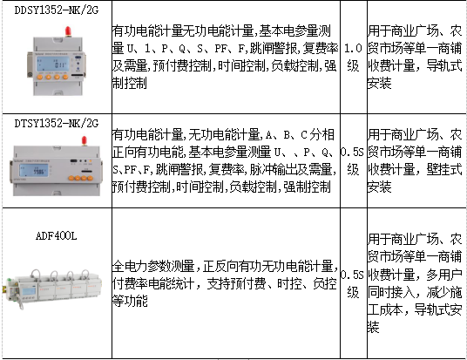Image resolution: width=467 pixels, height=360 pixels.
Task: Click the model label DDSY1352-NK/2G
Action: pos(57,10)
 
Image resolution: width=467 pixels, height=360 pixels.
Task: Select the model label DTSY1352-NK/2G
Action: pos(57,123)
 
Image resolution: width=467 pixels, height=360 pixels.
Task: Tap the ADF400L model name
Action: pos(57,236)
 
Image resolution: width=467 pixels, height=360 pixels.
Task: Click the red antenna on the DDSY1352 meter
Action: pos(68,31)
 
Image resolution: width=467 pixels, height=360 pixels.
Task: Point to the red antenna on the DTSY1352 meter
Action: pos(85,141)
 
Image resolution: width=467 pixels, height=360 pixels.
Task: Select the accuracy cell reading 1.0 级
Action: pos(353,57)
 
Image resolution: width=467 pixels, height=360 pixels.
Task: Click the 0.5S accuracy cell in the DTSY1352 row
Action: pos(353,161)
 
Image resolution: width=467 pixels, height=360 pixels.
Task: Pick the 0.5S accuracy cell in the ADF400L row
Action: pos(353,283)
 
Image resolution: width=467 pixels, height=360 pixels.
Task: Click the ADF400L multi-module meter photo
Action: pos(54,289)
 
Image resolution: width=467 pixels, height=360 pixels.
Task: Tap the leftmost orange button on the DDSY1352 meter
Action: pos(39,78)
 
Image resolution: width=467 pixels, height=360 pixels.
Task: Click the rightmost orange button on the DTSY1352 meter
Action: pos(91,178)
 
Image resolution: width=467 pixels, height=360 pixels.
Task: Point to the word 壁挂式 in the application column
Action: pos(444,170)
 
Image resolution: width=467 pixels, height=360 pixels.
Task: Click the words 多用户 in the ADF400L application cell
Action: pos(444,275)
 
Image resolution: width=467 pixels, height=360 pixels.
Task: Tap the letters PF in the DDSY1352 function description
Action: pos(220,48)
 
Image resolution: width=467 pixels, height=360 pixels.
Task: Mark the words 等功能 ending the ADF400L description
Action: pos(130,301)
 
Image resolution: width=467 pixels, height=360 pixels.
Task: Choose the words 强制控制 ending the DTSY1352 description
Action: pos(307,187)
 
